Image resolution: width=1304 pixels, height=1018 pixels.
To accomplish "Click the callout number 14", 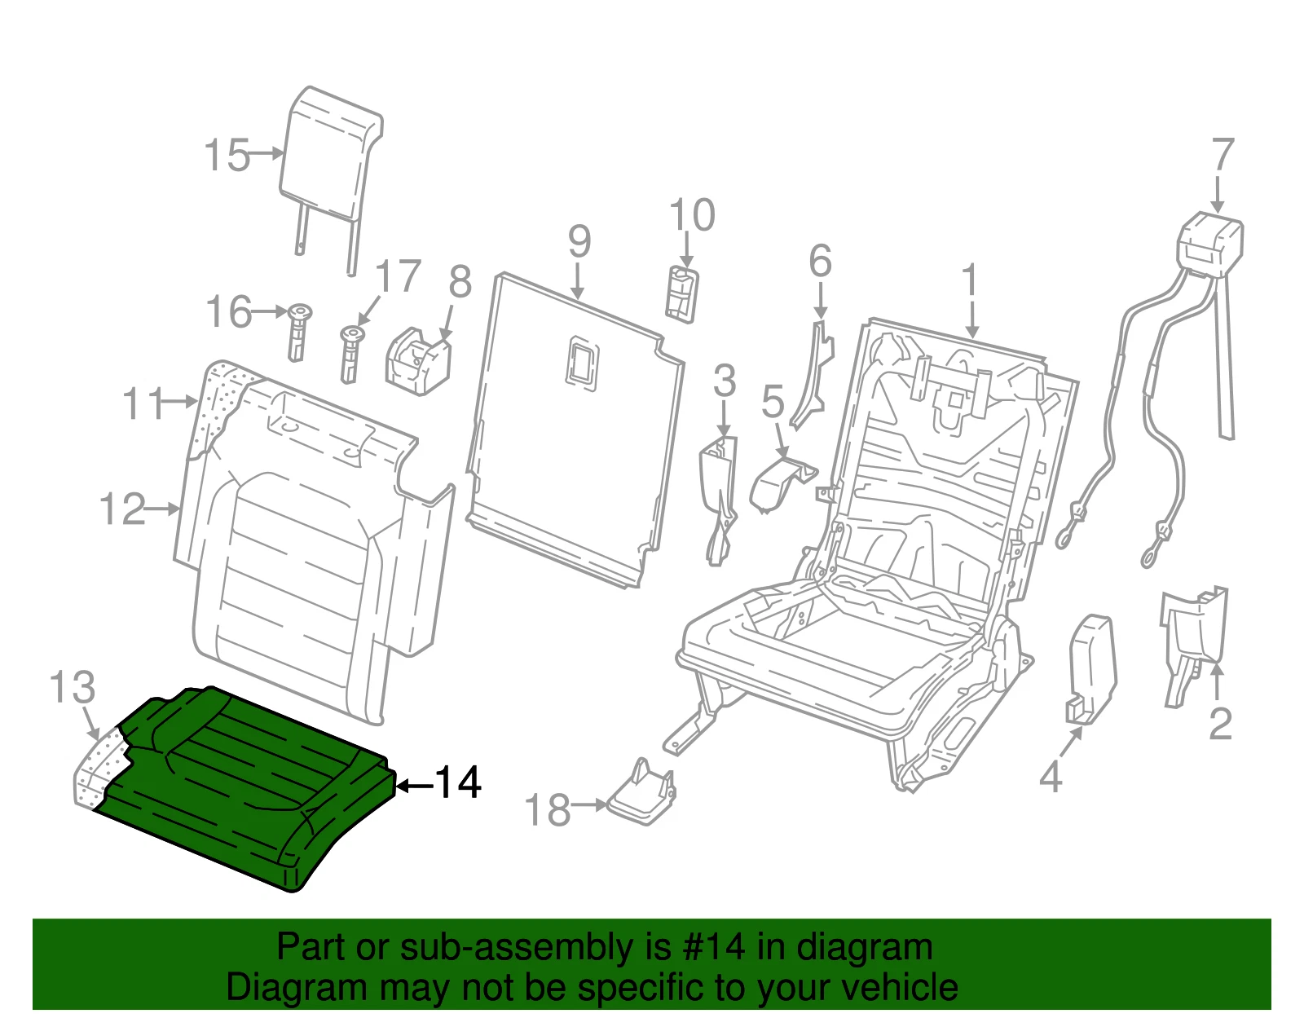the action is pyautogui.click(x=458, y=782).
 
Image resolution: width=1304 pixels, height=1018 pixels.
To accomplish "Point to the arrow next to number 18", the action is pyautogui.click(x=588, y=804).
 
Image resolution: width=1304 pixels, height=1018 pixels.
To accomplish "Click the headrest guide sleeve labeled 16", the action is pyautogui.click(x=298, y=332).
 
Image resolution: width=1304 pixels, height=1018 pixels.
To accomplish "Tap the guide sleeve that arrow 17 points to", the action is pyautogui.click(x=350, y=354).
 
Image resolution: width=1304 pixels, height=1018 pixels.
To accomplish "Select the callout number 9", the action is pyautogui.click(x=579, y=242).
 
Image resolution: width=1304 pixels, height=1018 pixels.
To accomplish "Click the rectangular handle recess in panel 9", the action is pyautogui.click(x=582, y=364).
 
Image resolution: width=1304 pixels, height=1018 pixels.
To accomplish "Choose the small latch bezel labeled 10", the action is pyautogui.click(x=682, y=294).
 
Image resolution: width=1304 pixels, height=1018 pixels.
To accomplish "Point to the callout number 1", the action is pyautogui.click(x=971, y=281).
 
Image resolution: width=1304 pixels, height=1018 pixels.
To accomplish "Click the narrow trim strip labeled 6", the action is pyautogui.click(x=813, y=375).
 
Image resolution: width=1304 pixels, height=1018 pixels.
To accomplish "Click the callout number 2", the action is pyautogui.click(x=1220, y=724).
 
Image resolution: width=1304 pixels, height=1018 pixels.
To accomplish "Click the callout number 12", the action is pyautogui.click(x=122, y=509).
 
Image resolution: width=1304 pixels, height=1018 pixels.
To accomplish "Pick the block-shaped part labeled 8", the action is pyautogui.click(x=418, y=360).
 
